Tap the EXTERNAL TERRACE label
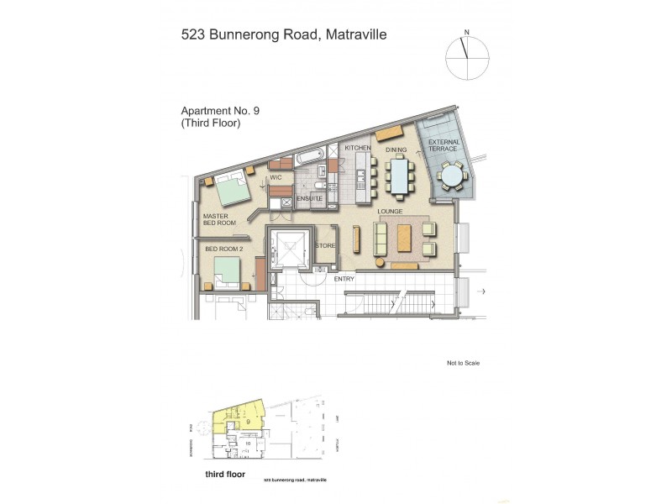coord(444,148)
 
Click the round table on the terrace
coord(453,175)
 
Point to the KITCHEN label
coord(358,149)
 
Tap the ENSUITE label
coord(309,198)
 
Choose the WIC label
coord(275,177)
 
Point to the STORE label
coord(325,246)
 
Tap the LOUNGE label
coord(391,212)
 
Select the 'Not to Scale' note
coord(463,363)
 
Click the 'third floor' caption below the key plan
coord(223,474)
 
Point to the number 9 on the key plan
coord(248,420)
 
